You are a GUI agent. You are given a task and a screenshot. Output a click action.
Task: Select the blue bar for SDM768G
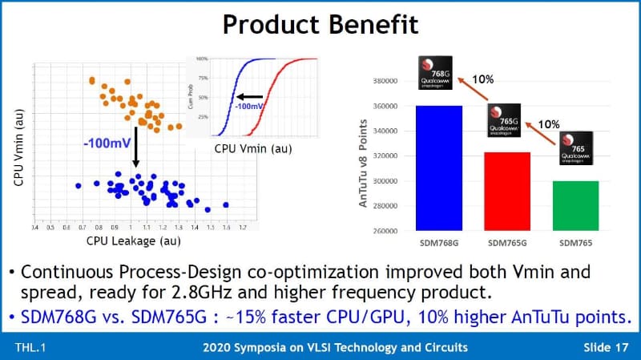439,168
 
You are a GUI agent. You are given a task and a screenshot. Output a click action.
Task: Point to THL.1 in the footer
31,346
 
